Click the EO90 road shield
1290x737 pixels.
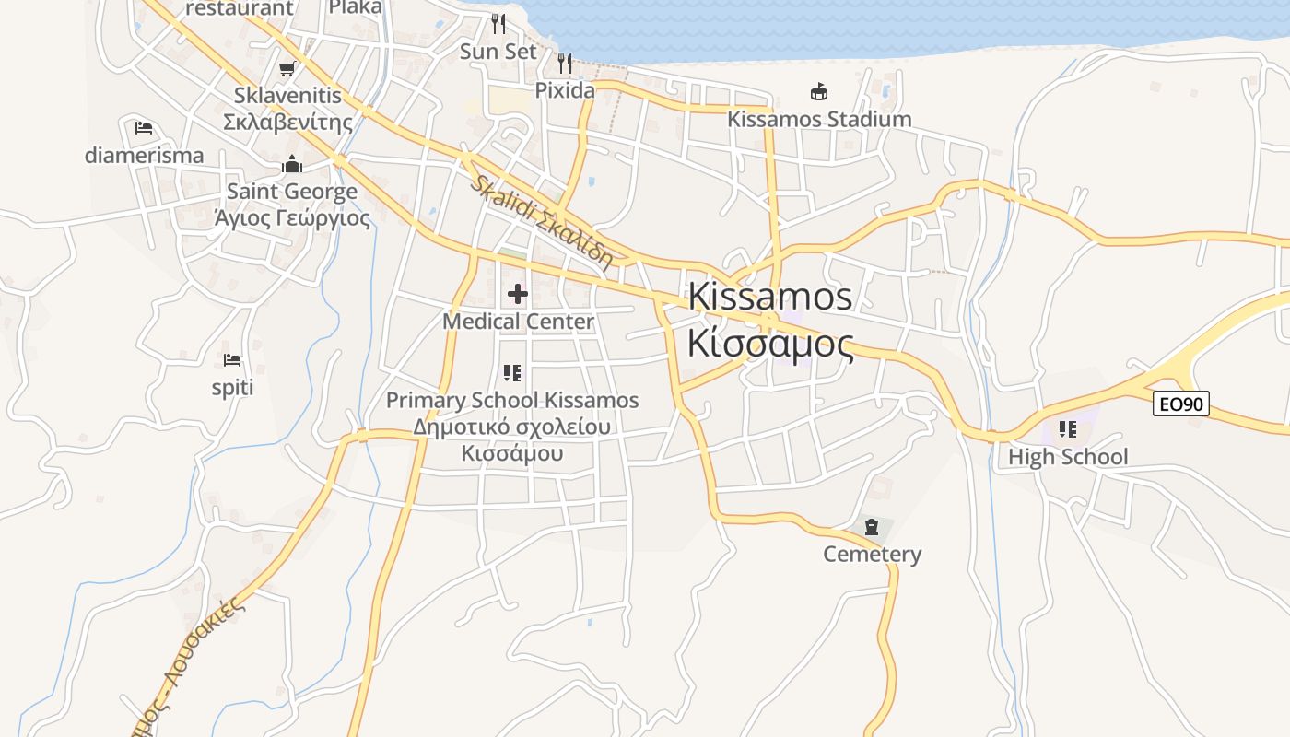click(1180, 404)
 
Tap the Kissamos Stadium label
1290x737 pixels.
click(819, 119)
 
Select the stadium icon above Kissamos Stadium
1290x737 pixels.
click(818, 91)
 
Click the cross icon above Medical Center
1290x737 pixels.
click(518, 294)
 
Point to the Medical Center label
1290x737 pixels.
click(518, 322)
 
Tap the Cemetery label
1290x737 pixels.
click(872, 554)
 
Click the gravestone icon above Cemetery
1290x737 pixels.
click(872, 528)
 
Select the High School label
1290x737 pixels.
click(1067, 457)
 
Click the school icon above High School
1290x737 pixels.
click(1068, 429)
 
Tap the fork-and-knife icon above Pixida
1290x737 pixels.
click(565, 64)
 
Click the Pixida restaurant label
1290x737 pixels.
click(565, 90)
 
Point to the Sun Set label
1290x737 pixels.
click(498, 52)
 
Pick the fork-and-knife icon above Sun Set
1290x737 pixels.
click(498, 23)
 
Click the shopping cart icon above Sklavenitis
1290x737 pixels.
click(287, 69)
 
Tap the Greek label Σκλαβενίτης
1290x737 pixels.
click(287, 122)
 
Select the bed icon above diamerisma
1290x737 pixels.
click(144, 128)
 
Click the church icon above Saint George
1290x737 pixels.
click(292, 165)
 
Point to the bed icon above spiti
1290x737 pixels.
click(232, 360)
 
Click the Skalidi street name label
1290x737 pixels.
click(541, 221)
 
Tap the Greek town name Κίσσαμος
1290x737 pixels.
click(770, 344)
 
